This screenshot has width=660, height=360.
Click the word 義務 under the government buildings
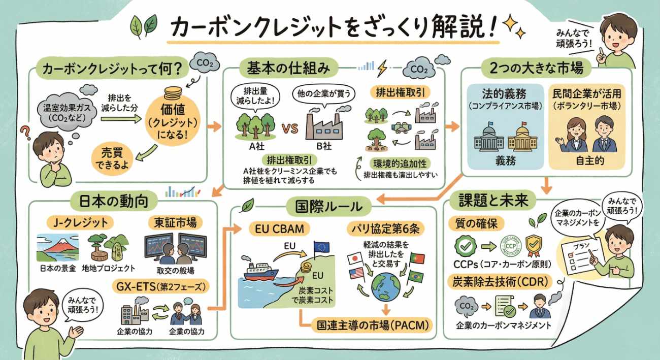pos(505,161)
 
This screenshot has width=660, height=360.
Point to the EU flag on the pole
pos(321,247)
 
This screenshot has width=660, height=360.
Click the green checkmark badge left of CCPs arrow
pos(463,246)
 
